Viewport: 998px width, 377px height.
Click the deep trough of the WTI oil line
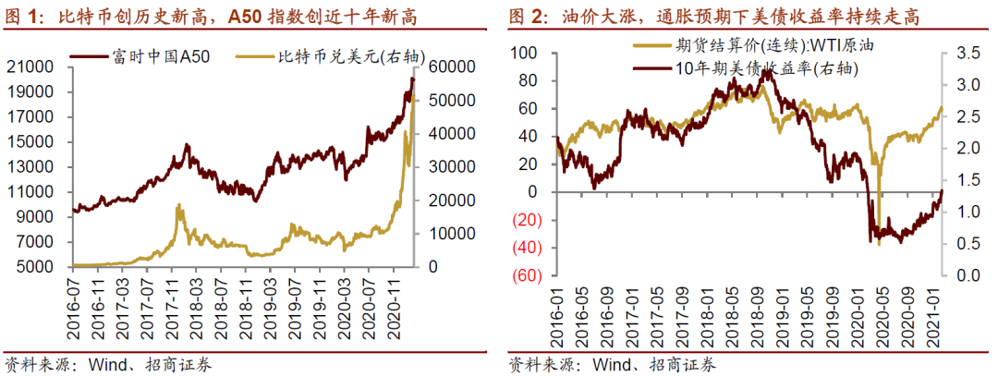pyautogui.click(x=878, y=242)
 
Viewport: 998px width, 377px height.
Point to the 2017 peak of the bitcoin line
pyautogui.click(x=178, y=205)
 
